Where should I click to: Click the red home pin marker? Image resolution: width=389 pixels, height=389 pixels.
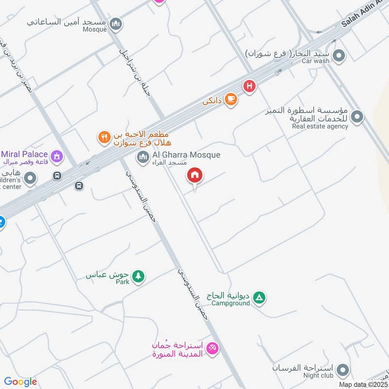click(x=195, y=175)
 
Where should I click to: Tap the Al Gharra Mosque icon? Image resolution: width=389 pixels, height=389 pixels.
click(x=142, y=157)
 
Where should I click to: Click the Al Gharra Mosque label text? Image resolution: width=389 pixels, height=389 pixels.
click(x=186, y=155)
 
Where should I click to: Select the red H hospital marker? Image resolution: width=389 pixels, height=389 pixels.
click(x=249, y=87)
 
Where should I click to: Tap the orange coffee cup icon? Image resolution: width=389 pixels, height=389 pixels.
click(x=231, y=99)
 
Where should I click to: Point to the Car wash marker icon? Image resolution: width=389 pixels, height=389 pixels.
click(x=340, y=56)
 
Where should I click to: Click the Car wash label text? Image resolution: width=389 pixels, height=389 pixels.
click(x=316, y=61)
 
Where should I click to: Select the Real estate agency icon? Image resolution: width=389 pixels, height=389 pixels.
click(x=357, y=117)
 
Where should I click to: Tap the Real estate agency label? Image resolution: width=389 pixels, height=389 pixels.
click(x=320, y=126)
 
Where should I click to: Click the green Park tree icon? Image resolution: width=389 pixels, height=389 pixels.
click(x=139, y=276)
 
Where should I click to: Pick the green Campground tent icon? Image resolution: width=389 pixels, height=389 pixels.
click(x=260, y=298)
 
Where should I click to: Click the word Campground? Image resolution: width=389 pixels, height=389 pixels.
click(x=230, y=303)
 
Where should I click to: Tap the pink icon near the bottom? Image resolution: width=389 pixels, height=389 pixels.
click(x=212, y=348)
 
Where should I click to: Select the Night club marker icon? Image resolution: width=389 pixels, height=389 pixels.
click(x=343, y=370)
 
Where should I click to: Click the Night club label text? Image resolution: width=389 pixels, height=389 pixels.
click(x=318, y=375)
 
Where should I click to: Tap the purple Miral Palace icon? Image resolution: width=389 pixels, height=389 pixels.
click(x=57, y=156)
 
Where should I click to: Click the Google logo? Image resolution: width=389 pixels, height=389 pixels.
click(x=20, y=382)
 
